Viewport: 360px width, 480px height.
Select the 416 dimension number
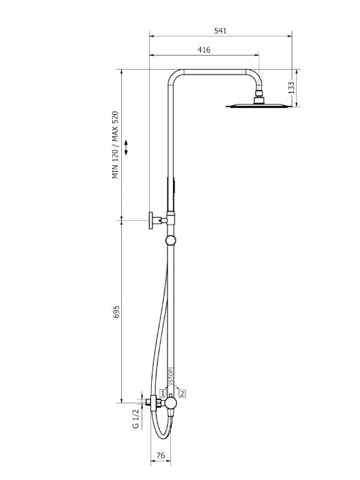[203, 50]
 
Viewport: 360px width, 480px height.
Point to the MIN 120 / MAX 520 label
[116, 145]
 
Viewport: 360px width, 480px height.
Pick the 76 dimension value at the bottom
[160, 456]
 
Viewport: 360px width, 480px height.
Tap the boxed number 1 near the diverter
[162, 393]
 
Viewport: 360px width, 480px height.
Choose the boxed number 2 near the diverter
[182, 393]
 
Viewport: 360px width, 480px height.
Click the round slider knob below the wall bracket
[172, 241]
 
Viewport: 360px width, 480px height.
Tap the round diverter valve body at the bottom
[171, 403]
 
